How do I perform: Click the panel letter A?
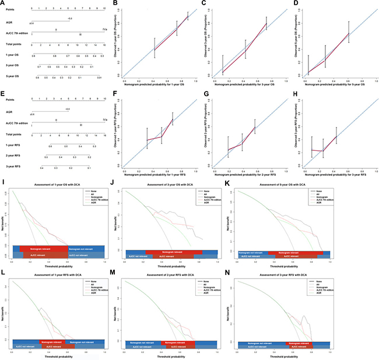point(4,4)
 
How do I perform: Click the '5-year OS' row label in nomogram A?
point(10,76)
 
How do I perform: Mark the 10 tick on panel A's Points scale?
point(104,9)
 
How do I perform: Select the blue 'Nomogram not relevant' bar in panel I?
point(82,248)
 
